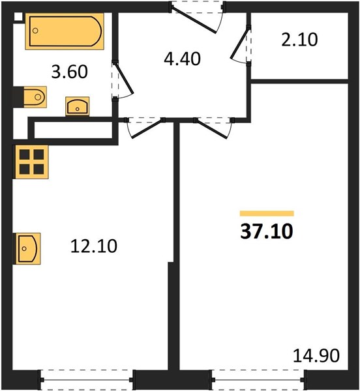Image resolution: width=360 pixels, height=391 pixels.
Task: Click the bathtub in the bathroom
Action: (x=65, y=31)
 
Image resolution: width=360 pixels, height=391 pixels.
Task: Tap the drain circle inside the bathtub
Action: (x=35, y=31)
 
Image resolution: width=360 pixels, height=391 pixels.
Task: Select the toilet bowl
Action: (x=35, y=97)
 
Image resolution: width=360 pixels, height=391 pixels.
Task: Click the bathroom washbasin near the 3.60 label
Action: (x=78, y=106)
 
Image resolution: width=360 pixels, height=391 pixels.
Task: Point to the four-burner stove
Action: (x=32, y=162)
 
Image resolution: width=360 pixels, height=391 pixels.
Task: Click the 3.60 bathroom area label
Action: (x=69, y=72)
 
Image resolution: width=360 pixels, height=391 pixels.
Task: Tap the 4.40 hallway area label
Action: (x=183, y=59)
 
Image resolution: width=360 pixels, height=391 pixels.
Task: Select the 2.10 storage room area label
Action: (x=299, y=40)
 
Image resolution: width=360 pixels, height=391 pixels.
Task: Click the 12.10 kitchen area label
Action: (x=94, y=246)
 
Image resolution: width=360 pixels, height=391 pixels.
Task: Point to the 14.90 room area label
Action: (x=316, y=355)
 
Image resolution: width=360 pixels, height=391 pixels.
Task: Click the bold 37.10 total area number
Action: (x=267, y=231)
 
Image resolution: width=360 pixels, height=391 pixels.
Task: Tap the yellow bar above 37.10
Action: (x=267, y=214)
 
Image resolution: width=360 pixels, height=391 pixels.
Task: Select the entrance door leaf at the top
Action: (x=194, y=20)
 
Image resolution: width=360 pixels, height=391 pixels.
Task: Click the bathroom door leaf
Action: (x=124, y=78)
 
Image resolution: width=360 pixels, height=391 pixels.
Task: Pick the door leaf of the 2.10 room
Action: (x=240, y=44)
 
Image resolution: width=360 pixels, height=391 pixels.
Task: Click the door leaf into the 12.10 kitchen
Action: (x=147, y=129)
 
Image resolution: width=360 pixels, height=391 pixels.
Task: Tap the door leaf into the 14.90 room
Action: (x=211, y=129)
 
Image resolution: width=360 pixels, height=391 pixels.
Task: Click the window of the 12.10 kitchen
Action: (x=87, y=380)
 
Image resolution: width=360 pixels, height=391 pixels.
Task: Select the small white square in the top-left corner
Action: (x=18, y=16)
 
